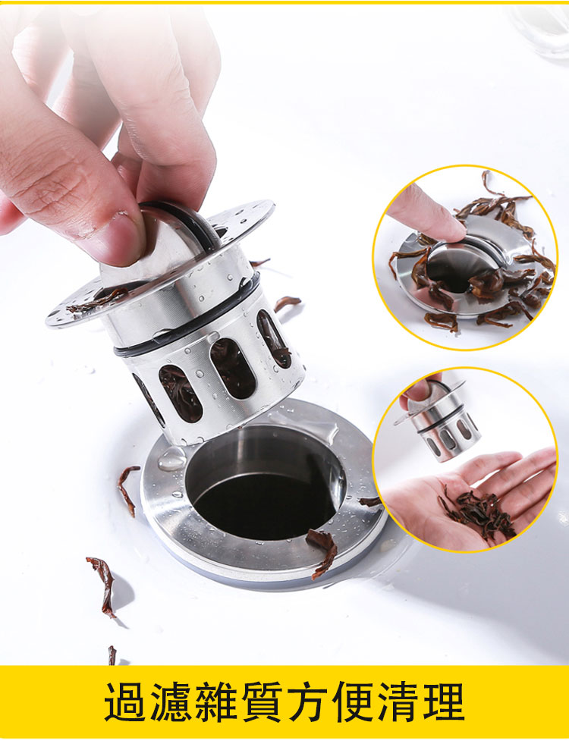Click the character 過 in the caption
125,702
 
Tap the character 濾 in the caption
171,702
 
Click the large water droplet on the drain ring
172,459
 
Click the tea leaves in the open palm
477,513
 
